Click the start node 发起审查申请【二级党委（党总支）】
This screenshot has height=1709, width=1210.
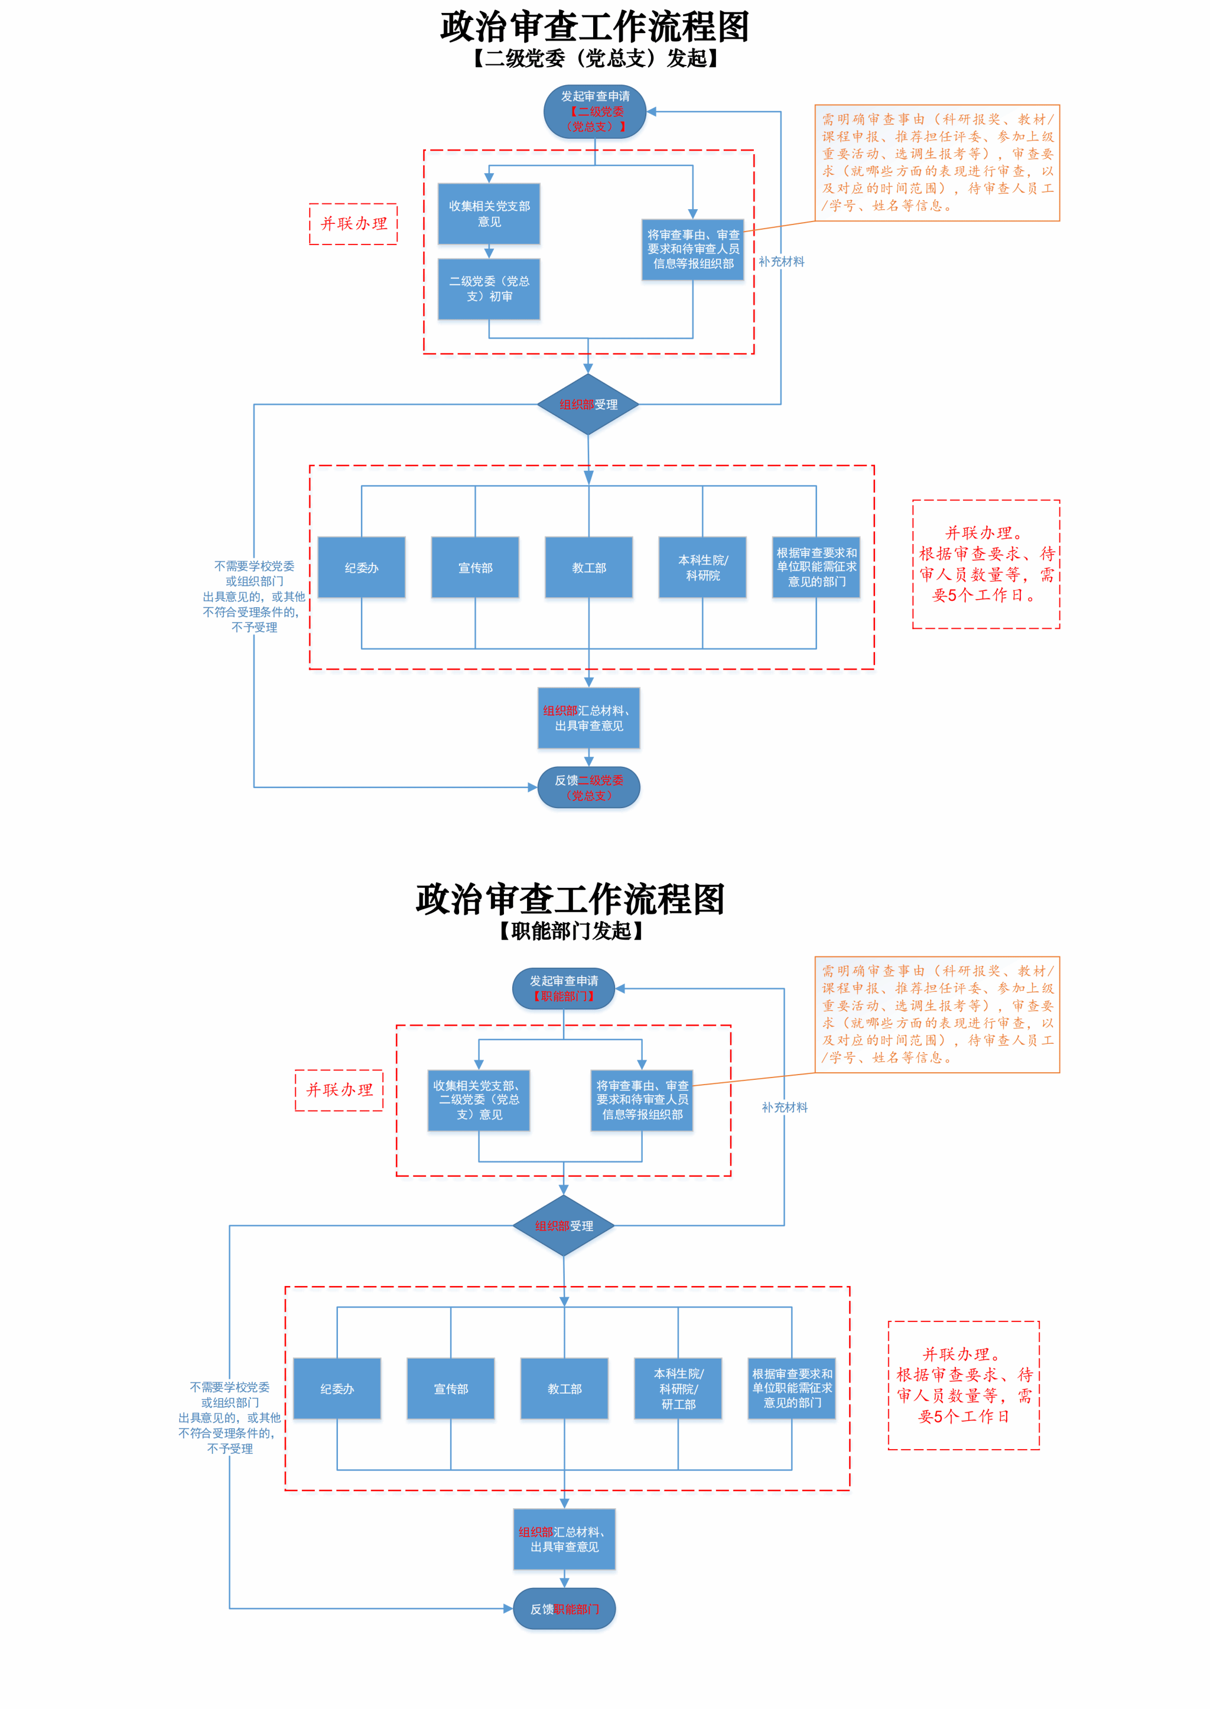point(594,112)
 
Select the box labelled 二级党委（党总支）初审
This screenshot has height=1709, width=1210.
point(489,289)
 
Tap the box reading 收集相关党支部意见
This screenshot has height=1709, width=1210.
point(489,214)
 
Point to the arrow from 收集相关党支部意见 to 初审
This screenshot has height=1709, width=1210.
point(489,252)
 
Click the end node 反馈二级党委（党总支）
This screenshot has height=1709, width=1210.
point(588,787)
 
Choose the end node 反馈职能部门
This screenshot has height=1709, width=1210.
point(564,1609)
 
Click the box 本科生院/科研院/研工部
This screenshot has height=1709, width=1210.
point(678,1389)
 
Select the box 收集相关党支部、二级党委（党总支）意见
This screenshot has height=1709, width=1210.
point(479,1101)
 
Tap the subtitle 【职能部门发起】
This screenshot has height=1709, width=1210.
point(571,931)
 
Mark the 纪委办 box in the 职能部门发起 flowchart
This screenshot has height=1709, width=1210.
point(337,1389)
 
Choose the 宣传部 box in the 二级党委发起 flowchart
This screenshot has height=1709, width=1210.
point(476,568)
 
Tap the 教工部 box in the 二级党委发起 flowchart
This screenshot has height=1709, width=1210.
point(588,568)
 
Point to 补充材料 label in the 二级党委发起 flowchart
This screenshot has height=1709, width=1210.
point(782,262)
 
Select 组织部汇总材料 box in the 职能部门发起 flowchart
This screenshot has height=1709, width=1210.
point(564,1539)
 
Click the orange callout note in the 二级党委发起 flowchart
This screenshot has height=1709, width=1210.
point(937,162)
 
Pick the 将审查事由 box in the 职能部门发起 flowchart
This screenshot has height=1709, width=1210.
point(642,1101)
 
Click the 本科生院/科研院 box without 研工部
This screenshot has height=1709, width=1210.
point(702,568)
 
